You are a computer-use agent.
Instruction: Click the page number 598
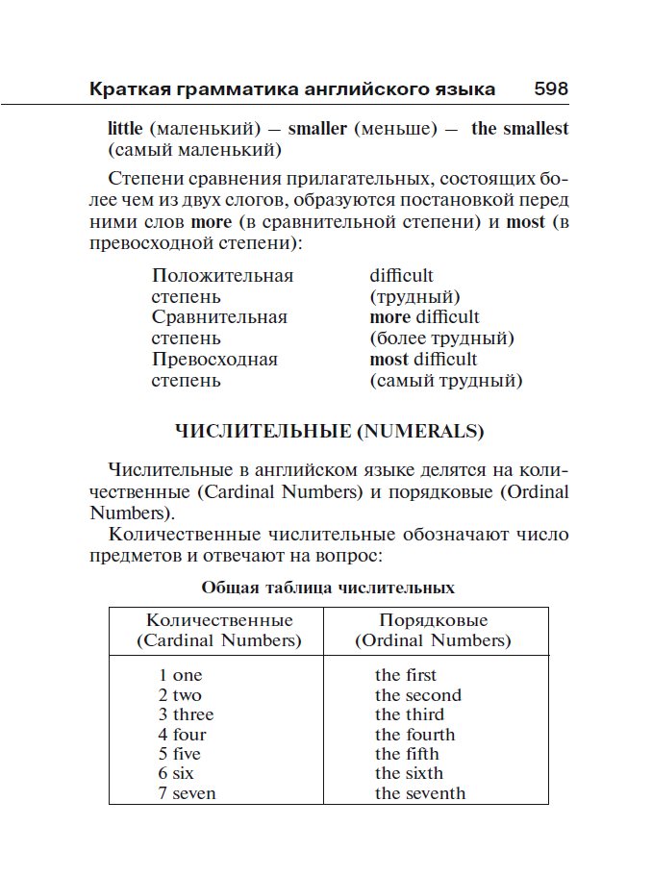pos(551,89)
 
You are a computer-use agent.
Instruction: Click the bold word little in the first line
pos(125,129)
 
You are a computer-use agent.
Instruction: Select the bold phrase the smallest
pos(519,129)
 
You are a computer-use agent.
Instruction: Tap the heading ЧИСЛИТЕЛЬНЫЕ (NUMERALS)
pos(328,432)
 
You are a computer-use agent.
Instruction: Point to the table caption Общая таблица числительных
pos(328,587)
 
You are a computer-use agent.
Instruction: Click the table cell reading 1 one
pos(181,675)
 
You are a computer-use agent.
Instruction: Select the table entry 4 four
pos(183,735)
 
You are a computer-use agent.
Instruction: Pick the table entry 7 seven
pos(188,793)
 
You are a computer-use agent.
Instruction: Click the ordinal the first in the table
pos(406,675)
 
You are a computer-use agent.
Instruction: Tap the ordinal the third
pos(410,714)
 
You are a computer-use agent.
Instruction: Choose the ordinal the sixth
pos(410,773)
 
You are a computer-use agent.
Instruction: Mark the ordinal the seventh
pos(420,793)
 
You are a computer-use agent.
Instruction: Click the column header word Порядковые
pos(434,620)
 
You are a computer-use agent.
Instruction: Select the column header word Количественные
pos(219,620)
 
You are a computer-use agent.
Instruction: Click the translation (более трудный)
pos(442,338)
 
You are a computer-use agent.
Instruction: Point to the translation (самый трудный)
pos(446,381)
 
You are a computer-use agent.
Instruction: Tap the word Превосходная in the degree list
pos(214,360)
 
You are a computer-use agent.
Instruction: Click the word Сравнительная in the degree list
pos(219,317)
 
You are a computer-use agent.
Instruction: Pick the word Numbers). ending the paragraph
pos(133,513)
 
